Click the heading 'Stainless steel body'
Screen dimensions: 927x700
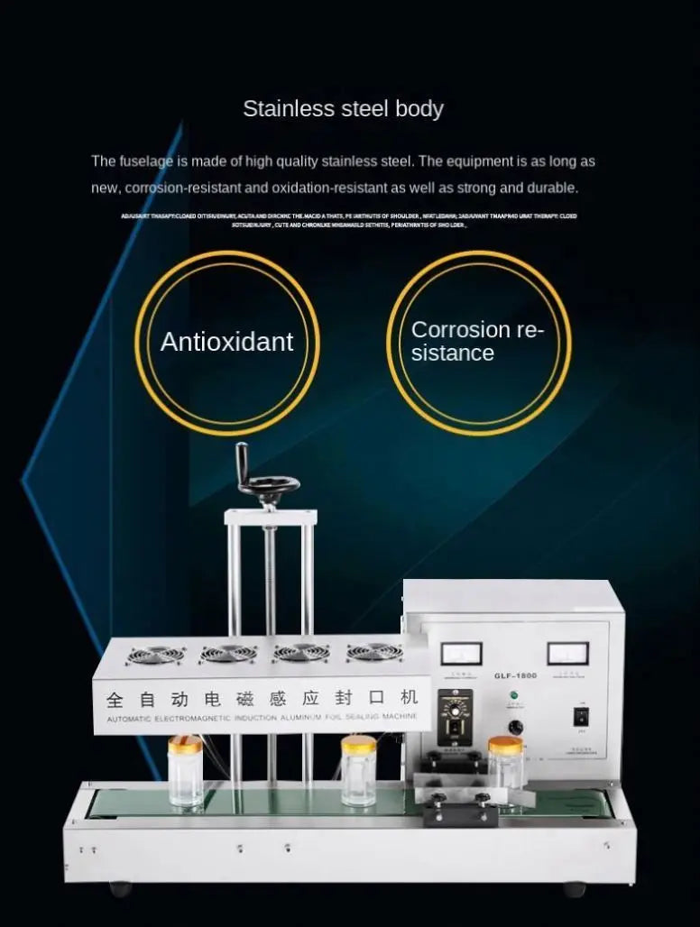343,109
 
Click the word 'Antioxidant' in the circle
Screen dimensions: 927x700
226,342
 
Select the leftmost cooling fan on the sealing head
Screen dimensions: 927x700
155,654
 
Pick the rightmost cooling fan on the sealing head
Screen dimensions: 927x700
374,651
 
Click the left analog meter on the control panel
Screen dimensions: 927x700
461,653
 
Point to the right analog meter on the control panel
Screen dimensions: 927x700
567,652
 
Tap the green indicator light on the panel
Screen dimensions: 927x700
513,695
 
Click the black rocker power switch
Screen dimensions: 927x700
581,717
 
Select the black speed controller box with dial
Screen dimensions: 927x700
455,717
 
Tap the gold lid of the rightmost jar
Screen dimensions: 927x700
505,745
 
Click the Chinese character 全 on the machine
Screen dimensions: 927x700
115,699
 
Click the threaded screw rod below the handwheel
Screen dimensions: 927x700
270,577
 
